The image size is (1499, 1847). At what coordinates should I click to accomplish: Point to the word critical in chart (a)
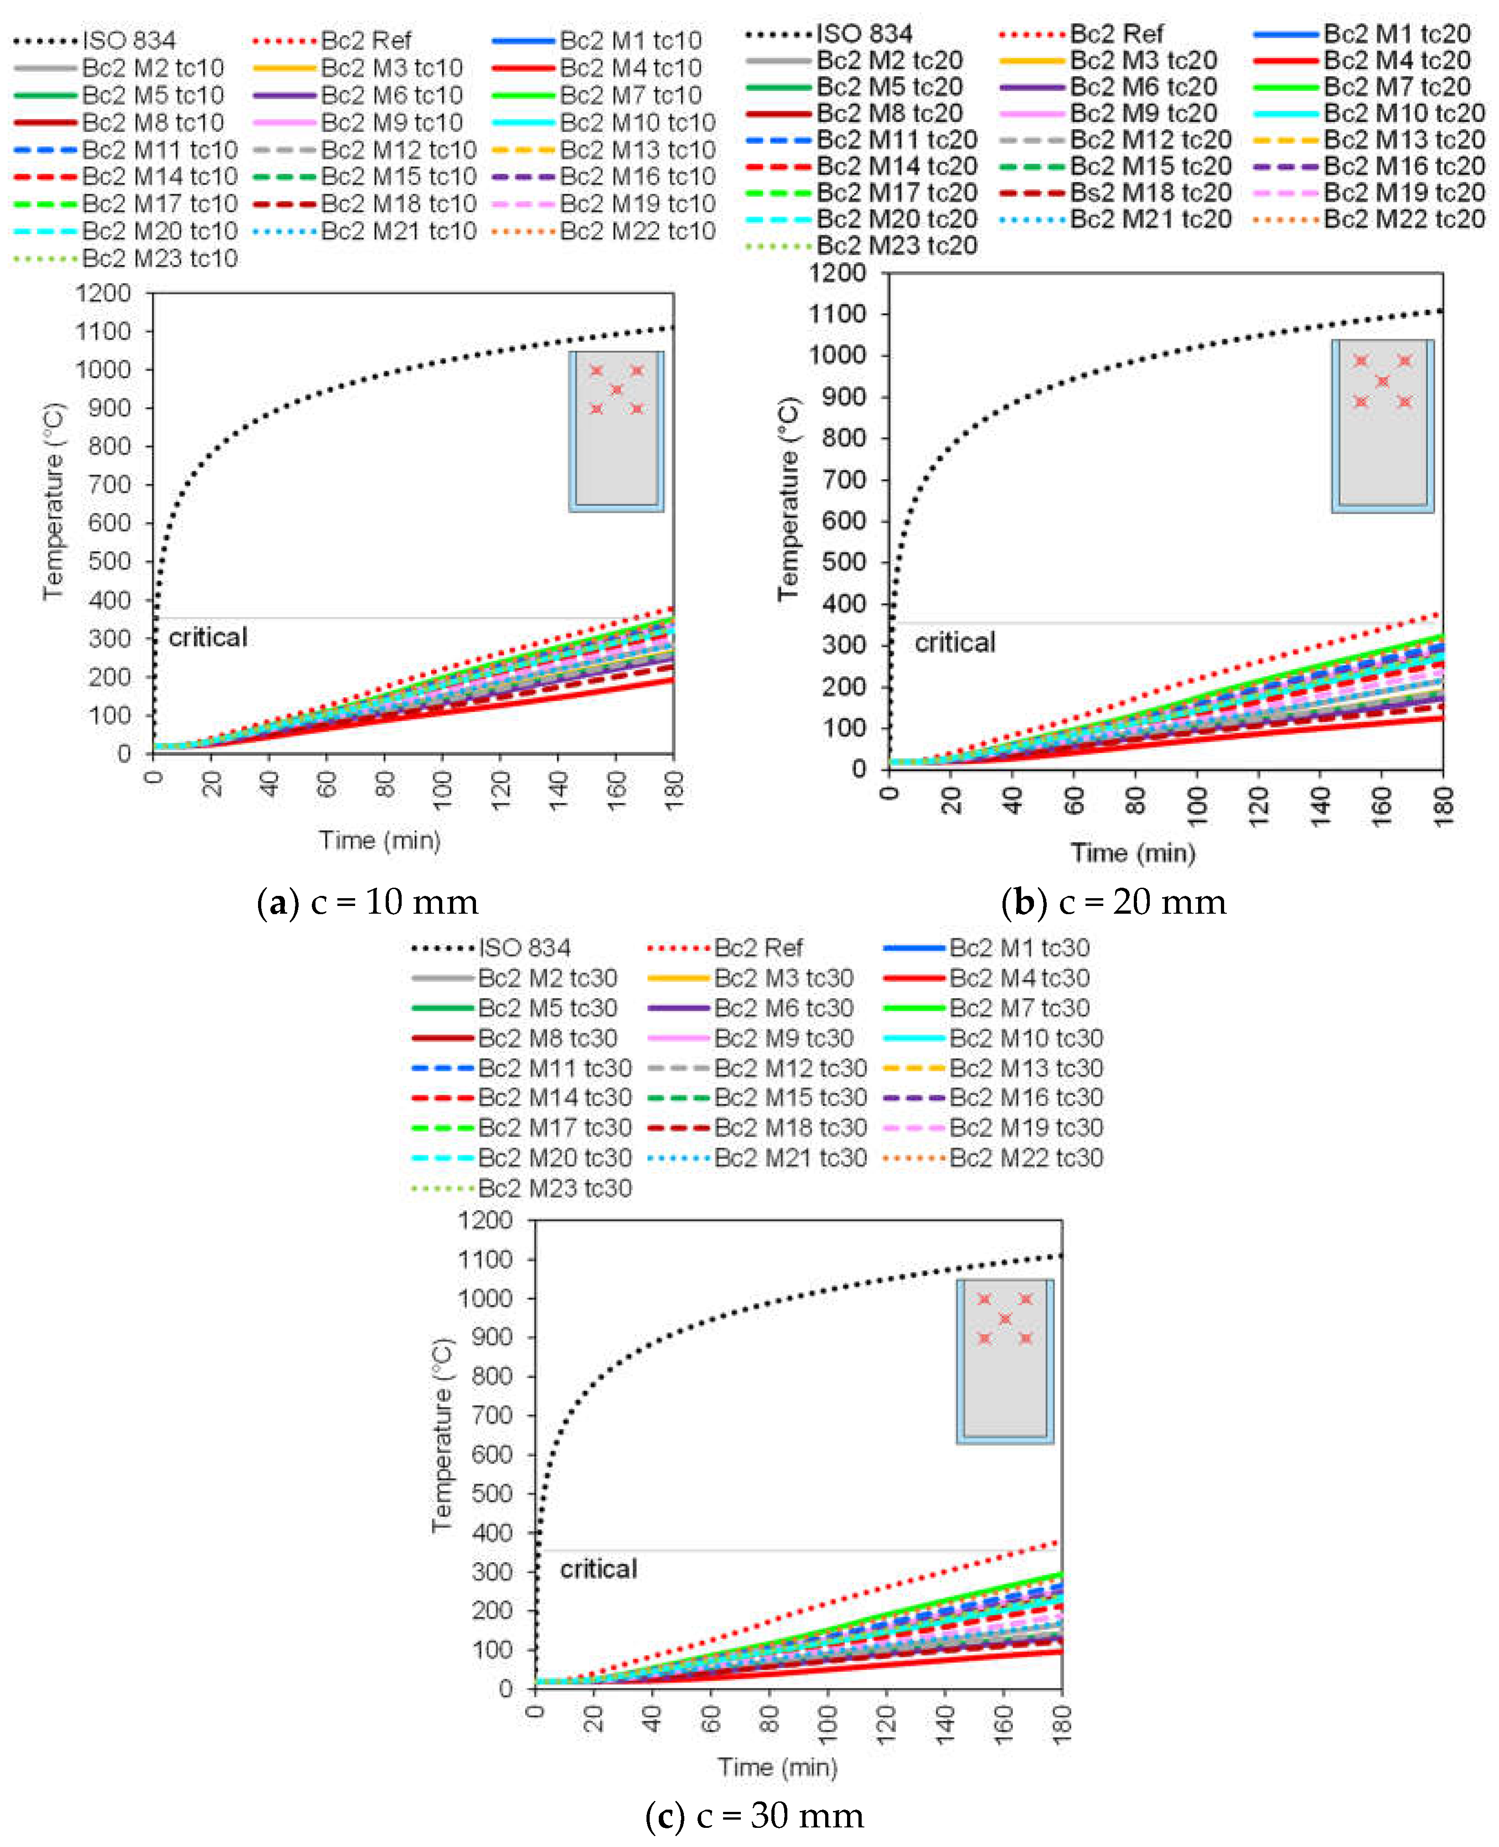click(208, 637)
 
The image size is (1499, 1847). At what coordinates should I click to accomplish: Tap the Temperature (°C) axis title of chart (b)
click(787, 499)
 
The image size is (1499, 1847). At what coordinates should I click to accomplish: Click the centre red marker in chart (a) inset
click(616, 389)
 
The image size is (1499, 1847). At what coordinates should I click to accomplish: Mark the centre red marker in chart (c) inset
click(1005, 1319)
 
